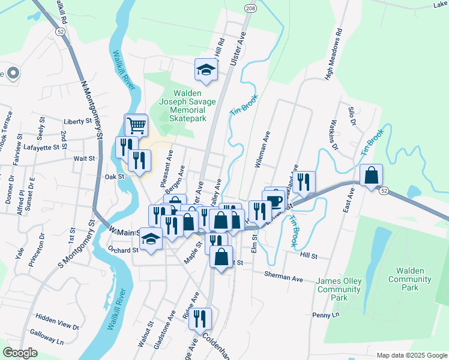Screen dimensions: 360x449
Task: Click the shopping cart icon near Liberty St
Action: pos(136,125)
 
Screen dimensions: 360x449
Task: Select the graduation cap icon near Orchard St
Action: pos(151,239)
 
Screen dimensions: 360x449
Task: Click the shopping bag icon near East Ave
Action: pos(372,176)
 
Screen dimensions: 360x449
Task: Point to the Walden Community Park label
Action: pos(410,283)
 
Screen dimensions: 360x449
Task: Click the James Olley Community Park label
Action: pos(339,290)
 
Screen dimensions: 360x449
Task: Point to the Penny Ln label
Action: pos(326,314)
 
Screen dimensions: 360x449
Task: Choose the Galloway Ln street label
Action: pos(47,340)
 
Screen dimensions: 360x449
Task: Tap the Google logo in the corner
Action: pos(20,353)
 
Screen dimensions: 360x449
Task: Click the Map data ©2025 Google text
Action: pos(411,355)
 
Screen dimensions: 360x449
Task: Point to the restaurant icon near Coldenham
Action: pos(200,318)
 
